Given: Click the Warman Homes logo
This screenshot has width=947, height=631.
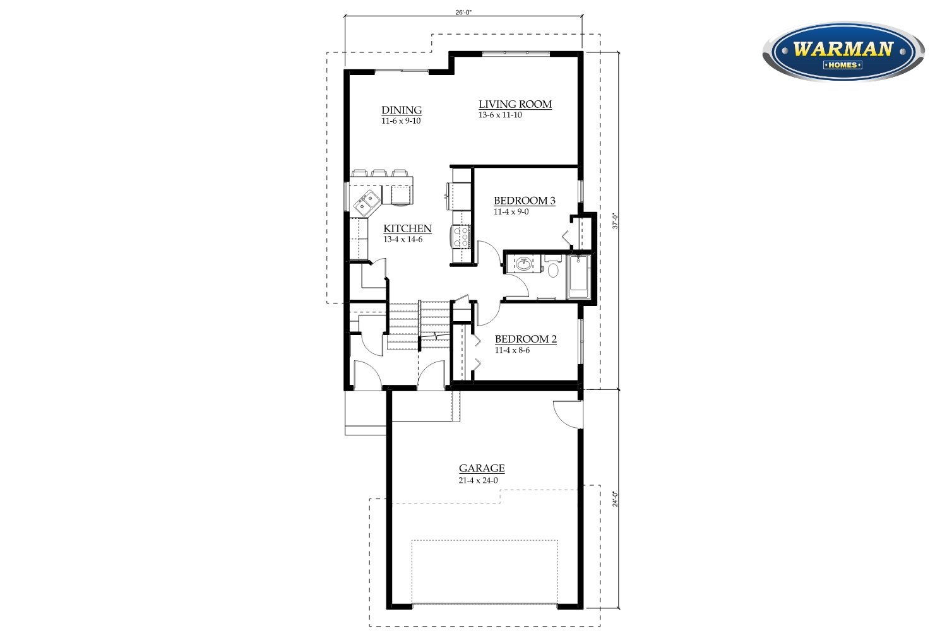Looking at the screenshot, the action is pyautogui.click(x=843, y=51).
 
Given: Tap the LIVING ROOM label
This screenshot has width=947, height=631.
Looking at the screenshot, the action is pyautogui.click(x=515, y=104).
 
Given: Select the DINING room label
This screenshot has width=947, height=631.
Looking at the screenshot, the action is pyautogui.click(x=402, y=110).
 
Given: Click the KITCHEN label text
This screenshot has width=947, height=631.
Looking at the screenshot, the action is pyautogui.click(x=408, y=228).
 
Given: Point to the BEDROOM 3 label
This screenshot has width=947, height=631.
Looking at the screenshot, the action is pyautogui.click(x=525, y=201).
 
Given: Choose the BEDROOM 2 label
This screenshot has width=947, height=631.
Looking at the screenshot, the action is pyautogui.click(x=525, y=339).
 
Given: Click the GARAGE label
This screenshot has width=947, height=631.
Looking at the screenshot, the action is pyautogui.click(x=482, y=468).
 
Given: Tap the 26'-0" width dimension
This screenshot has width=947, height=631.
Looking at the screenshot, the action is pyautogui.click(x=463, y=12).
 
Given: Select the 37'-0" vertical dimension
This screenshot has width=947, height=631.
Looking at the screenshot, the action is pyautogui.click(x=615, y=221).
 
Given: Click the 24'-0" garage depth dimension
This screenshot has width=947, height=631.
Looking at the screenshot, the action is pyautogui.click(x=615, y=499).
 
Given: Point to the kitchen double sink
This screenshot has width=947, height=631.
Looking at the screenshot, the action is pyautogui.click(x=366, y=203).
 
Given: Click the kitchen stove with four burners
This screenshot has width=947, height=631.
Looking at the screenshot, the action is pyautogui.click(x=462, y=236).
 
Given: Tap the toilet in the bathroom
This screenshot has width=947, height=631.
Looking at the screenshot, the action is pyautogui.click(x=553, y=265).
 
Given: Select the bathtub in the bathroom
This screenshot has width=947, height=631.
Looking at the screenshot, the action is pyautogui.click(x=578, y=277).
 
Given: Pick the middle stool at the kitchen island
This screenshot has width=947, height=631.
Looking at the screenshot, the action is pyautogui.click(x=379, y=174).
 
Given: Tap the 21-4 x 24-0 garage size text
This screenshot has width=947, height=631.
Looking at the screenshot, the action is pyautogui.click(x=478, y=481).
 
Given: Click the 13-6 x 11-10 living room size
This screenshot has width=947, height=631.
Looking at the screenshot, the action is pyautogui.click(x=500, y=115).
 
